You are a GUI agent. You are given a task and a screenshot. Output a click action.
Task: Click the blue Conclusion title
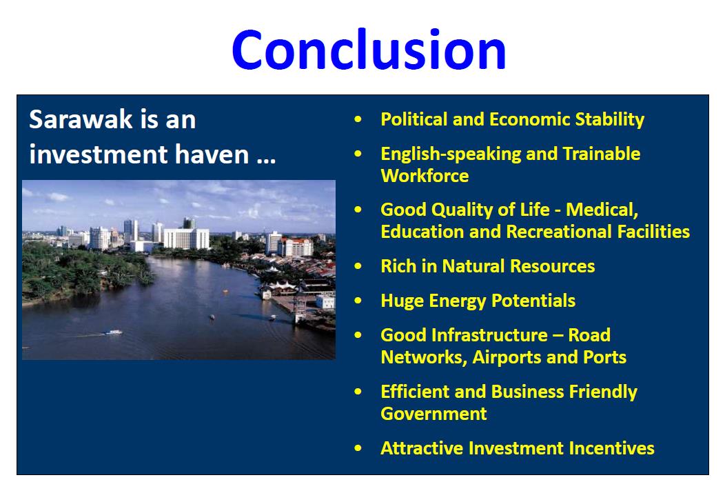pos(369,50)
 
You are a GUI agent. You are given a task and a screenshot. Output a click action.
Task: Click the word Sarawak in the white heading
pos(81,119)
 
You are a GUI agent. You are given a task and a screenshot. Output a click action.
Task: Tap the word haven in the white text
pos(212,154)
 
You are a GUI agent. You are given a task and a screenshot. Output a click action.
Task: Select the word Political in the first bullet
pos(414,119)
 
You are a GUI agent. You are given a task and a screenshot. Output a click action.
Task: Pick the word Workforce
pos(425,176)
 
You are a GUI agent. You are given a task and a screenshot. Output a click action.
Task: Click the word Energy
pos(458,301)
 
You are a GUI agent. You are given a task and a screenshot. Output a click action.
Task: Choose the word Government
pos(433,414)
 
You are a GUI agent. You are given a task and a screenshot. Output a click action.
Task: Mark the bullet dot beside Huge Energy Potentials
pos(358,301)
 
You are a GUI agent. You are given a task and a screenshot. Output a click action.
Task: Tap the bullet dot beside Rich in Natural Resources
pos(358,266)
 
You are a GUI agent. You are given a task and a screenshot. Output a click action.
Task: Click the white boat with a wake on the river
pos(113,332)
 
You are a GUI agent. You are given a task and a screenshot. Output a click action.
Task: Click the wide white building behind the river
pos(186,239)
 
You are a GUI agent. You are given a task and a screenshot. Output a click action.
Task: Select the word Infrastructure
pos(490,335)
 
